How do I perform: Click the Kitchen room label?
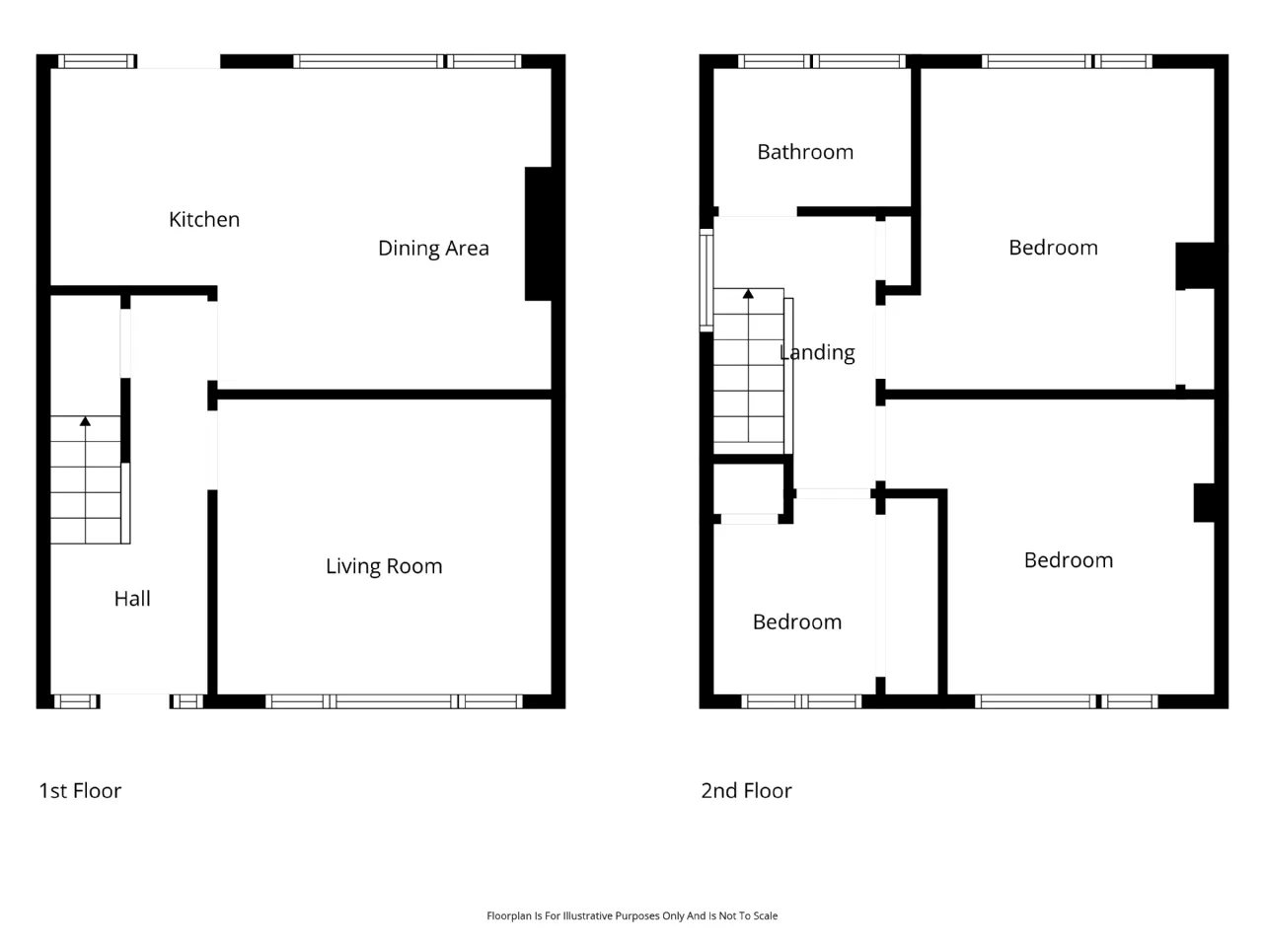point(203,219)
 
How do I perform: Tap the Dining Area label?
point(433,249)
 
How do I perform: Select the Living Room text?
point(384,566)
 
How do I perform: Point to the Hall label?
point(132,599)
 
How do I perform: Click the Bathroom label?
point(805,152)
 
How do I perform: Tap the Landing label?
point(817,352)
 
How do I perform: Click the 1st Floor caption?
point(80,791)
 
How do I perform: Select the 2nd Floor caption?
point(746,791)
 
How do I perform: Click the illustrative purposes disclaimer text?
point(631,916)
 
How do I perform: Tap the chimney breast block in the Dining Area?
point(538,234)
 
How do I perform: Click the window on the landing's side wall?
point(706,280)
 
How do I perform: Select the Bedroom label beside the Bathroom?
point(1053,248)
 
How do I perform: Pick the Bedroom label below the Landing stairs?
point(797,622)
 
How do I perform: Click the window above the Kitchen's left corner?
point(98,61)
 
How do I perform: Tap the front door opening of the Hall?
point(134,701)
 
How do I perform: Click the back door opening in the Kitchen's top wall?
point(179,61)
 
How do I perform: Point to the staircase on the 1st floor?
point(86,479)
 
